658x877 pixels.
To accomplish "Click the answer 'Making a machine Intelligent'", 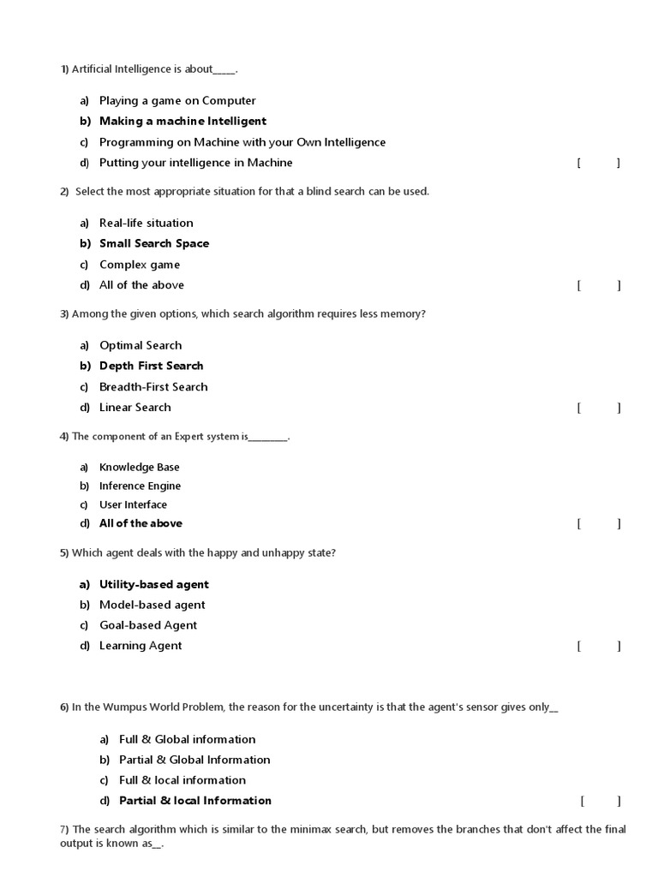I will [x=182, y=122].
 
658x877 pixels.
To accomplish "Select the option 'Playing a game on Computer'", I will [x=177, y=101].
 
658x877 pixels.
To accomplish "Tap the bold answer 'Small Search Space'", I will [x=154, y=244].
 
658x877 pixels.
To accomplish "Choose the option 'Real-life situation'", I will [x=147, y=224].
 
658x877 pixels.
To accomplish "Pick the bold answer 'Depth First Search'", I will [x=152, y=367].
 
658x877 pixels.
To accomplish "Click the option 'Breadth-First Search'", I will [x=153, y=387].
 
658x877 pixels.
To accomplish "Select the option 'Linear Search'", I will [x=135, y=408].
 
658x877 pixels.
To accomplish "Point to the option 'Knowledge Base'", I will [x=140, y=468].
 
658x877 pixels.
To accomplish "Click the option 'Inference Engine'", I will [x=141, y=486].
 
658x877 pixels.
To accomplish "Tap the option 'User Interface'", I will [x=134, y=505].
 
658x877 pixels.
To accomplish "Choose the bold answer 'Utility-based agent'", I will [x=154, y=585].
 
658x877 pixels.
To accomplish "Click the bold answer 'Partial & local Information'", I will [x=195, y=801].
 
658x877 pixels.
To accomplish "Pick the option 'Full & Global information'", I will [x=188, y=739].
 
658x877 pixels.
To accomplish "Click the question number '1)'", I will [x=64, y=69].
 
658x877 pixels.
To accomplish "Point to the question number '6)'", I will [x=64, y=707].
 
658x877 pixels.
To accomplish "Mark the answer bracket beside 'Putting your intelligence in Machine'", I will [x=599, y=164].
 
